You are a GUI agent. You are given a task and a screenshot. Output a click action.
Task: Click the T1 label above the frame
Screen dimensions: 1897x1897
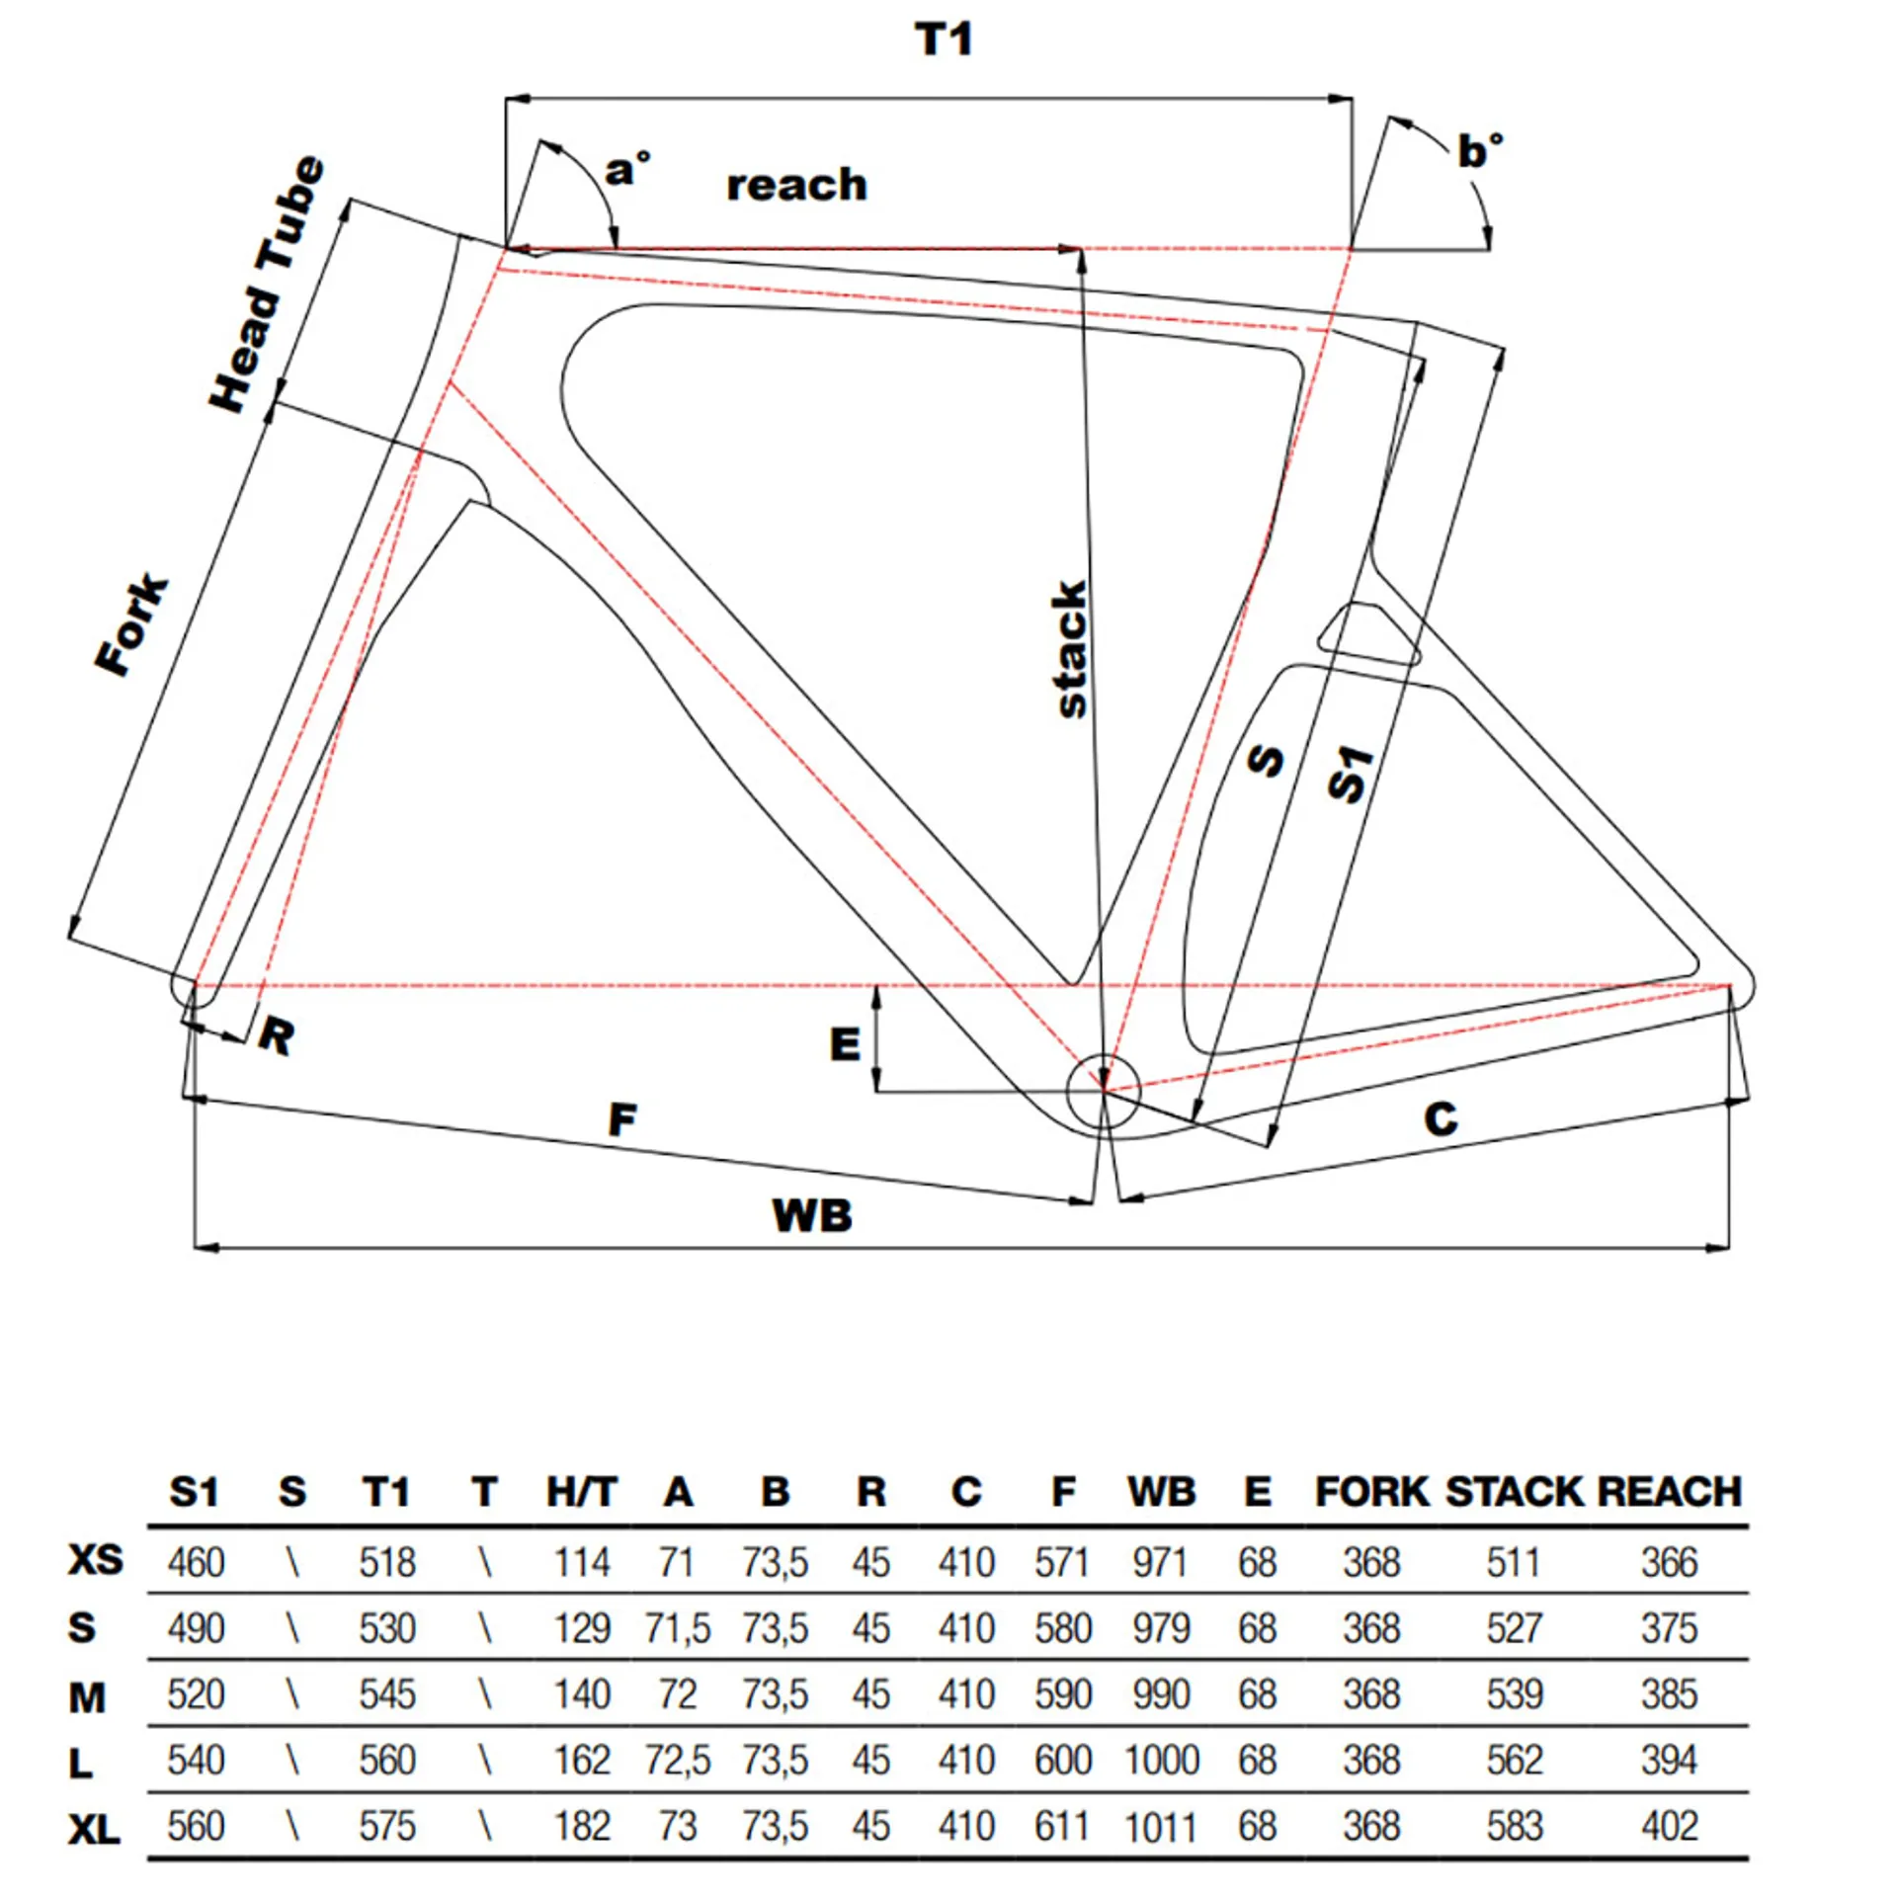pyautogui.click(x=944, y=40)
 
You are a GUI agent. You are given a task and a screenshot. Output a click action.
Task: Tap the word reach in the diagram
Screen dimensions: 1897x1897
pyautogui.click(x=796, y=185)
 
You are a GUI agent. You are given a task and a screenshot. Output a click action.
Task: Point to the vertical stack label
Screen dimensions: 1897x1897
pyautogui.click(x=1070, y=648)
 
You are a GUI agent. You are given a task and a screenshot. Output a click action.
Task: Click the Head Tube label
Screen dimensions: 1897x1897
pyautogui.click(x=267, y=284)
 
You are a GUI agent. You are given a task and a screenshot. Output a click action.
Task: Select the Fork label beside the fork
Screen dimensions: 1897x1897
pyautogui.click(x=132, y=623)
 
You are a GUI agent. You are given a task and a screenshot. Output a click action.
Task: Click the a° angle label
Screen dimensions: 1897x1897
pyautogui.click(x=627, y=168)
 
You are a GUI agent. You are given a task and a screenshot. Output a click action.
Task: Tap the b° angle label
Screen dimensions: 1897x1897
pyautogui.click(x=1479, y=150)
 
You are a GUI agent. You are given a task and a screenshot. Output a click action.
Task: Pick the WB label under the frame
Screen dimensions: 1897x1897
pyautogui.click(x=811, y=1214)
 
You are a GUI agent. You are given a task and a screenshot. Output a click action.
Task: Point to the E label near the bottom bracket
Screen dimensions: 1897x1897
pyautogui.click(x=845, y=1044)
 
